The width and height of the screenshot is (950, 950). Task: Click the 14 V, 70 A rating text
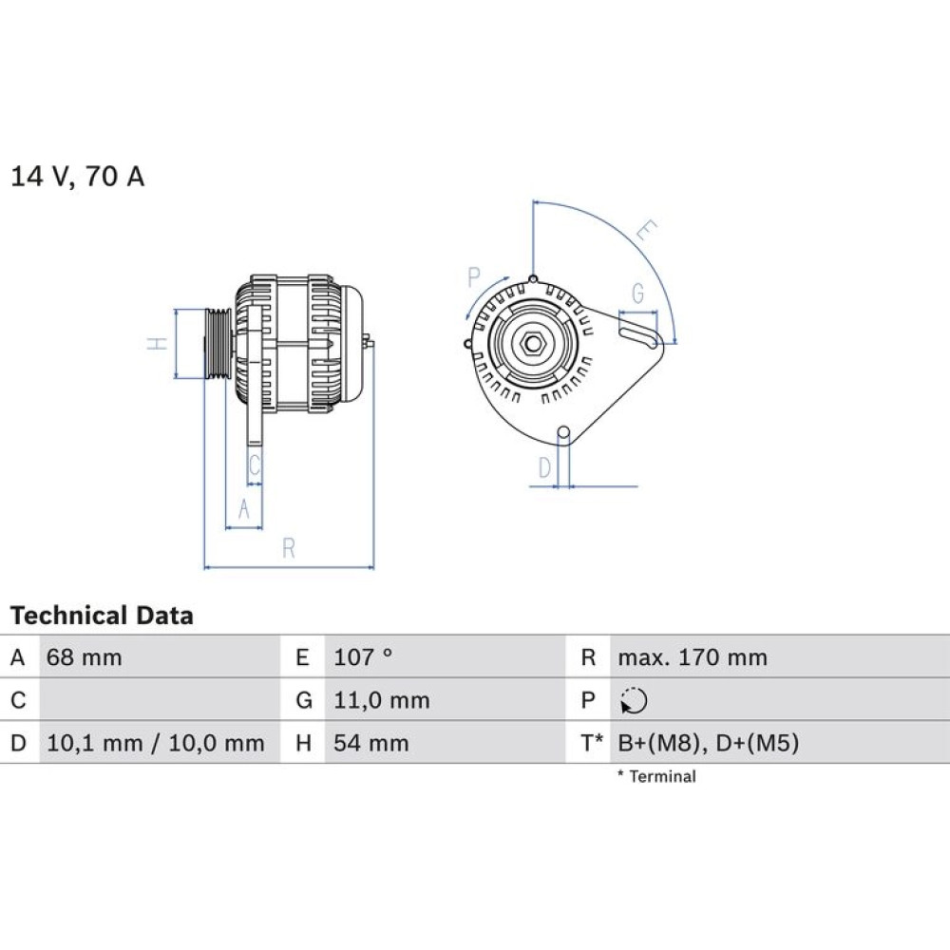click(78, 177)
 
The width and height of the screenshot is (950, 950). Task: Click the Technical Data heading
click(102, 616)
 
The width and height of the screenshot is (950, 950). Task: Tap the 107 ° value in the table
click(363, 657)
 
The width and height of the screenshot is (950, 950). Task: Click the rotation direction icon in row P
click(634, 701)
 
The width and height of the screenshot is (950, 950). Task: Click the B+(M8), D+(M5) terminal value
click(709, 744)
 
